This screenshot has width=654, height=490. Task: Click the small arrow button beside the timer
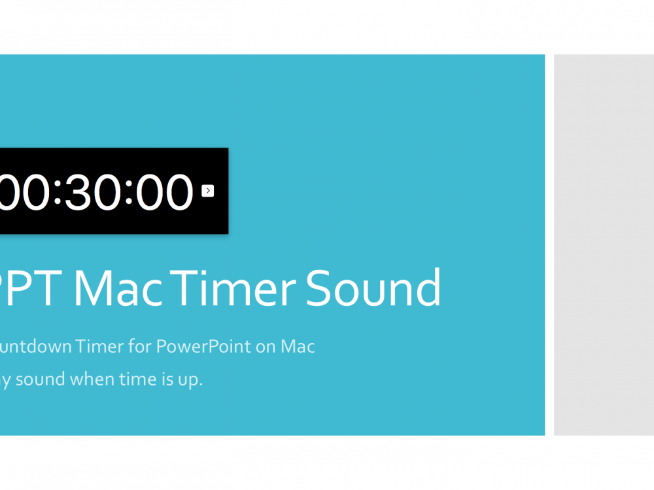(x=208, y=191)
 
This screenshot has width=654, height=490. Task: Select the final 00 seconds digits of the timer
(x=163, y=192)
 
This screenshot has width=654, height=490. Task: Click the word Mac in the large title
(x=118, y=287)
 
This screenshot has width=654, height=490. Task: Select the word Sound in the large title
(x=373, y=287)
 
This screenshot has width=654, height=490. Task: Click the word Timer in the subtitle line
(x=99, y=346)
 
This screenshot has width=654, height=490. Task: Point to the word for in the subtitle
(x=139, y=346)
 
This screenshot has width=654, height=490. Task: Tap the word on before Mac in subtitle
(x=266, y=346)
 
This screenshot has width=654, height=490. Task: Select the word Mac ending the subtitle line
(x=298, y=346)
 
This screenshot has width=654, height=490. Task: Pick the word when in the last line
(x=91, y=380)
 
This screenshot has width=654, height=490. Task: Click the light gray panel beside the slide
(x=604, y=244)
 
